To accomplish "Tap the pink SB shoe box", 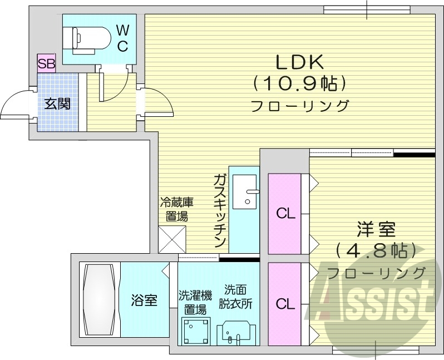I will (x=46, y=63).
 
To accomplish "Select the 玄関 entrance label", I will (x=57, y=103).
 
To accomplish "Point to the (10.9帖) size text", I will (x=300, y=83).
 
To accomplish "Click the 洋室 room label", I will (x=376, y=229).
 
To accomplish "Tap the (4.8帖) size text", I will (x=376, y=250).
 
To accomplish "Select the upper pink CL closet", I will (x=285, y=214).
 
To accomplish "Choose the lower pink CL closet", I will (x=285, y=303).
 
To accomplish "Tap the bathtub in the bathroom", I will (x=98, y=299).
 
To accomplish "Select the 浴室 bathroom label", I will (x=144, y=301).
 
